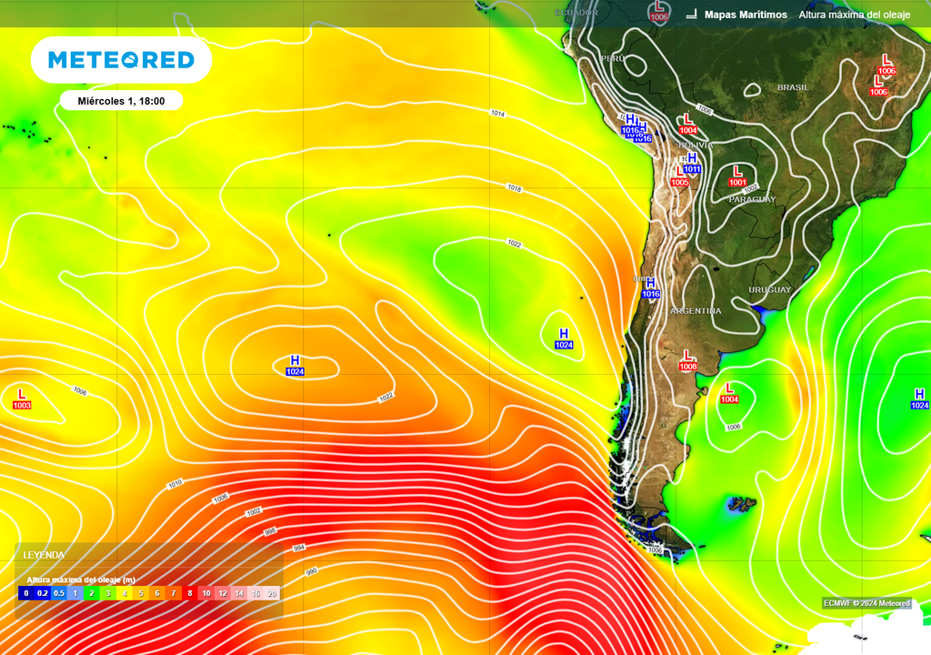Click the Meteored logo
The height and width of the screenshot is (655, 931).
pos(121,61)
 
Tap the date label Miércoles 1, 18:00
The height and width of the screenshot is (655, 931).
pos(121,101)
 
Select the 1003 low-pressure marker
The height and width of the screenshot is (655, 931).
pos(22,399)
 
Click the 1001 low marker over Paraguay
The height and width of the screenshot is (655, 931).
pos(737,176)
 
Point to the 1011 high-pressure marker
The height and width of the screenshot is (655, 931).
pos(691,163)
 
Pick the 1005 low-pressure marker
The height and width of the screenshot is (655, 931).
pos(679,176)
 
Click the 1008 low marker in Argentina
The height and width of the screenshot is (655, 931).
pos(688,360)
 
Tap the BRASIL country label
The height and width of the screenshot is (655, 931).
pos(792,87)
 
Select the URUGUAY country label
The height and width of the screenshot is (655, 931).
pos(769,289)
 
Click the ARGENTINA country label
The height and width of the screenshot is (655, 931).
pos(696,311)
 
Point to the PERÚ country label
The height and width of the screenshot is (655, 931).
pos(613,58)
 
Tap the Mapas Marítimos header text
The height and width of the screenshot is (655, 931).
pos(746,15)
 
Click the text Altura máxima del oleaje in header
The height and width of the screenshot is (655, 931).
pos(856,15)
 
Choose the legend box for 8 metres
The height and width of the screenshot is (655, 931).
pos(189,593)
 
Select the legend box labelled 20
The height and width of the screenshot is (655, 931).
pos(271,593)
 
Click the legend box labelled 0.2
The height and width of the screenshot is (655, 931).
pos(43,593)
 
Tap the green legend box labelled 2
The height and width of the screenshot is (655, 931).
pos(91,593)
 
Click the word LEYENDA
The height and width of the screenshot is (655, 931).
pos(44,554)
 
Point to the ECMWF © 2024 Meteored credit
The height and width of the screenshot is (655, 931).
pos(866,603)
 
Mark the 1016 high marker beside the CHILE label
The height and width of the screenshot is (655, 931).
pos(650,288)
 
